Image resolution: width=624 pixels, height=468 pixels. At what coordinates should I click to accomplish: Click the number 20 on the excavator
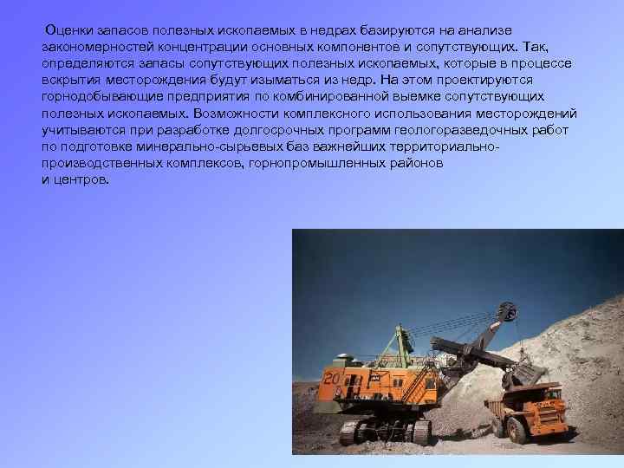coord(332,378)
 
